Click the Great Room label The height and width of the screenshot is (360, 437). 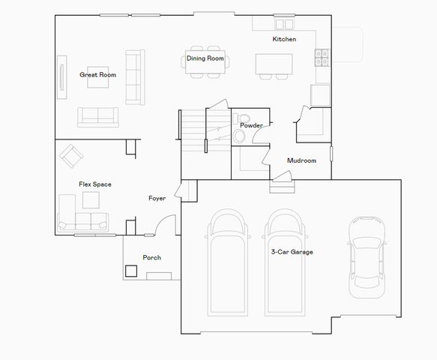[x=97, y=75]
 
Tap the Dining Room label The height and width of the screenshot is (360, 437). [x=205, y=58]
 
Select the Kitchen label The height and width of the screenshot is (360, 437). [x=284, y=39]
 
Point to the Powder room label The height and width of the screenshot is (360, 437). [x=251, y=125]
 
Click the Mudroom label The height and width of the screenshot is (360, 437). [x=301, y=160]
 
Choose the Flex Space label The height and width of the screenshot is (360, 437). [x=95, y=184]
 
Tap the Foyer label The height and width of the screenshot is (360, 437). [x=157, y=199]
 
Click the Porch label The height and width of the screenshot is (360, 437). [x=151, y=257]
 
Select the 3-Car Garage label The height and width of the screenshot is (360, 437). [x=292, y=252]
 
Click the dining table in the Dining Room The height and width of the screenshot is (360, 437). [x=205, y=65]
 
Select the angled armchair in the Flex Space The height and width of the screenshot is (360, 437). [x=73, y=155]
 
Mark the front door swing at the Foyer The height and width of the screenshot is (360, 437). [x=166, y=225]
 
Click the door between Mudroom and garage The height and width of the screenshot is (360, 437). [x=280, y=177]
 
